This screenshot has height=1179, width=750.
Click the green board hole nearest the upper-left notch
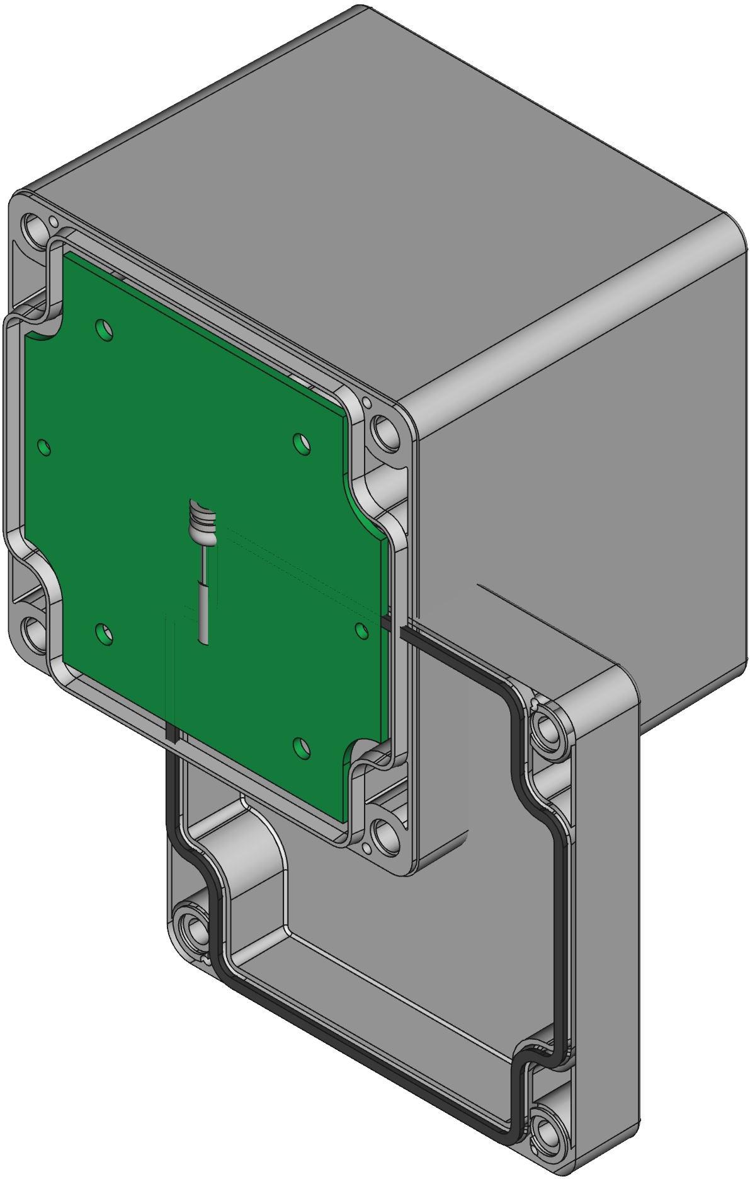104,329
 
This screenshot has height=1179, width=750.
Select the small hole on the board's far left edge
43,447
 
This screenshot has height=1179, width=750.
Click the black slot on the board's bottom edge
171,733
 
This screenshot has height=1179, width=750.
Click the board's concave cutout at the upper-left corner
41,328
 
